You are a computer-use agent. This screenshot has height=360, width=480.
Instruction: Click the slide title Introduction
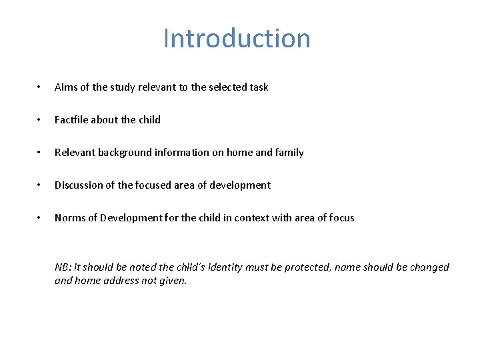coord(237,39)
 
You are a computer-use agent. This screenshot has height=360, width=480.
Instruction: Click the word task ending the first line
coord(257,87)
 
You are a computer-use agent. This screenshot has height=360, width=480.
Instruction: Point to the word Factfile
coord(71,120)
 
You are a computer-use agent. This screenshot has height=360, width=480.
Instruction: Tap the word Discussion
coord(79,185)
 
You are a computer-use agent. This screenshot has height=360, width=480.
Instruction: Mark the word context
coord(253,218)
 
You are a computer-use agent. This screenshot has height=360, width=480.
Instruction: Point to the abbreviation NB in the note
coord(62,267)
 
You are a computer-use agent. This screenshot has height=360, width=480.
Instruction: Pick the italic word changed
coord(428,267)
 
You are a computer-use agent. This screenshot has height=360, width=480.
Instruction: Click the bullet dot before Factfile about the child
coord(39,120)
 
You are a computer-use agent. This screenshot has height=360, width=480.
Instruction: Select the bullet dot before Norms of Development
coord(39,218)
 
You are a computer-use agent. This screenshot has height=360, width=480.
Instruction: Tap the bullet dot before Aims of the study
coord(39,87)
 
